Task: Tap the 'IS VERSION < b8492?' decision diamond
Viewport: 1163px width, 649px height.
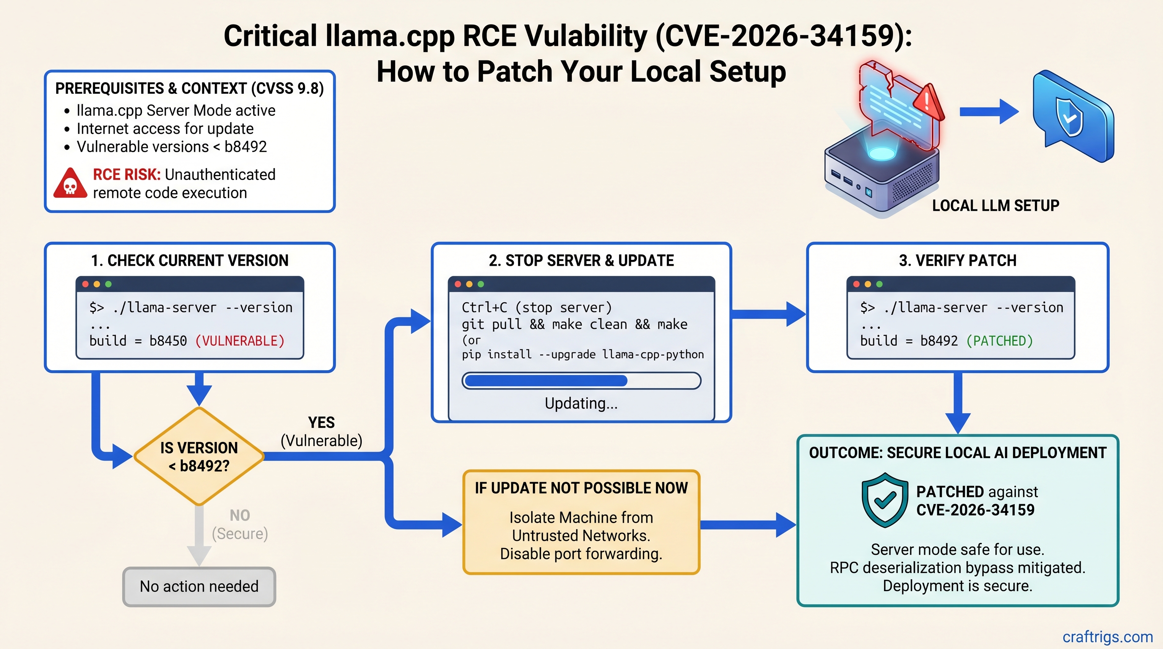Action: pyautogui.click(x=199, y=456)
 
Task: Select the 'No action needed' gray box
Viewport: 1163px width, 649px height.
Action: pyautogui.click(x=199, y=586)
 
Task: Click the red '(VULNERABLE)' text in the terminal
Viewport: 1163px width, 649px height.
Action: pyautogui.click(x=240, y=341)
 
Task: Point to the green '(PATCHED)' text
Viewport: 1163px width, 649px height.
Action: pyautogui.click(x=999, y=341)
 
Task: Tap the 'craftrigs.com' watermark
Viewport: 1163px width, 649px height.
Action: pyautogui.click(x=1107, y=636)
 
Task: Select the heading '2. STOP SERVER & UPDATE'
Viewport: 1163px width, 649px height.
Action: pyautogui.click(x=581, y=260)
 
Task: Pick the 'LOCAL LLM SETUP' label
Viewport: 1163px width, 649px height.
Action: pyautogui.click(x=995, y=206)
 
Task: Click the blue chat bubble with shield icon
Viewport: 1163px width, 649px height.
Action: pyautogui.click(x=1073, y=117)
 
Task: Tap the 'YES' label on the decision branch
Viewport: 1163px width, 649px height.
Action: pyautogui.click(x=321, y=423)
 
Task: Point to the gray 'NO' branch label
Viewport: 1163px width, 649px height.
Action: pyautogui.click(x=240, y=515)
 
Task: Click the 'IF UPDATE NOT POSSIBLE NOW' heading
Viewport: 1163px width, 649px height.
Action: pyautogui.click(x=581, y=488)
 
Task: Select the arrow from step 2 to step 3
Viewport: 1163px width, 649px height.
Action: pyautogui.click(x=767, y=314)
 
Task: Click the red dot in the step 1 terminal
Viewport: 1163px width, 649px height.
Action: pyautogui.click(x=85, y=284)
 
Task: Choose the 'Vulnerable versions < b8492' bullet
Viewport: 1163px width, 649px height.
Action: pyautogui.click(x=172, y=147)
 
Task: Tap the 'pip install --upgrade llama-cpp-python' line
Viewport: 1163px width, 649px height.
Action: pyautogui.click(x=582, y=354)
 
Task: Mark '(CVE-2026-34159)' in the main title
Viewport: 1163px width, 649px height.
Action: pyautogui.click(x=784, y=36)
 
